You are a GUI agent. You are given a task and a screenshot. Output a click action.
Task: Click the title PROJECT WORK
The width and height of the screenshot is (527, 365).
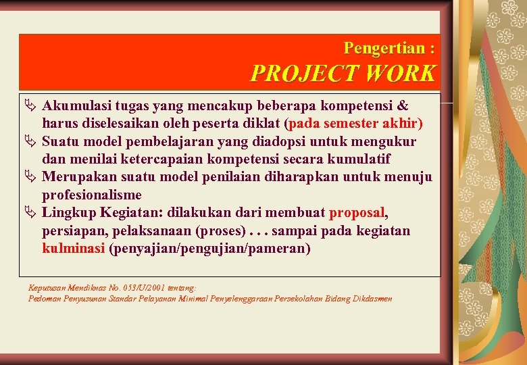(x=343, y=74)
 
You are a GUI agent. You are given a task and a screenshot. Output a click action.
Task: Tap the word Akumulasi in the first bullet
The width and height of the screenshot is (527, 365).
(x=76, y=106)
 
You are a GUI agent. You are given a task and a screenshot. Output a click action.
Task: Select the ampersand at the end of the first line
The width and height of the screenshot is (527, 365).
(x=402, y=106)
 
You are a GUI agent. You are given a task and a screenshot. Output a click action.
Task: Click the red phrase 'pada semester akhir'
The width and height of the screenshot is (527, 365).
(x=355, y=124)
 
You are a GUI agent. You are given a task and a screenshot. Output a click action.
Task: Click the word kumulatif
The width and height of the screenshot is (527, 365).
(x=357, y=160)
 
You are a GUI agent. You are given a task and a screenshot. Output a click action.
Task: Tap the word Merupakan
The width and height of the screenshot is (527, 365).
(x=76, y=177)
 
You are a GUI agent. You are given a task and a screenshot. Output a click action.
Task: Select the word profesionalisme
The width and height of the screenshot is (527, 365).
(x=92, y=195)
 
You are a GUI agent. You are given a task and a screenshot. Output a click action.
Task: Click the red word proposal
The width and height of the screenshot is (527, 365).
(x=357, y=213)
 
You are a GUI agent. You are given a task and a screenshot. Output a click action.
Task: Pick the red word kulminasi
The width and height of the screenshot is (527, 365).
(x=73, y=248)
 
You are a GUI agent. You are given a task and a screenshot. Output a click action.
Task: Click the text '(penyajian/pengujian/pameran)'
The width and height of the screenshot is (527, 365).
(x=209, y=248)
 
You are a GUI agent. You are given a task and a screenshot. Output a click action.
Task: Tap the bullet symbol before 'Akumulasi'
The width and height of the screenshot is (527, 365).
(x=31, y=106)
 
